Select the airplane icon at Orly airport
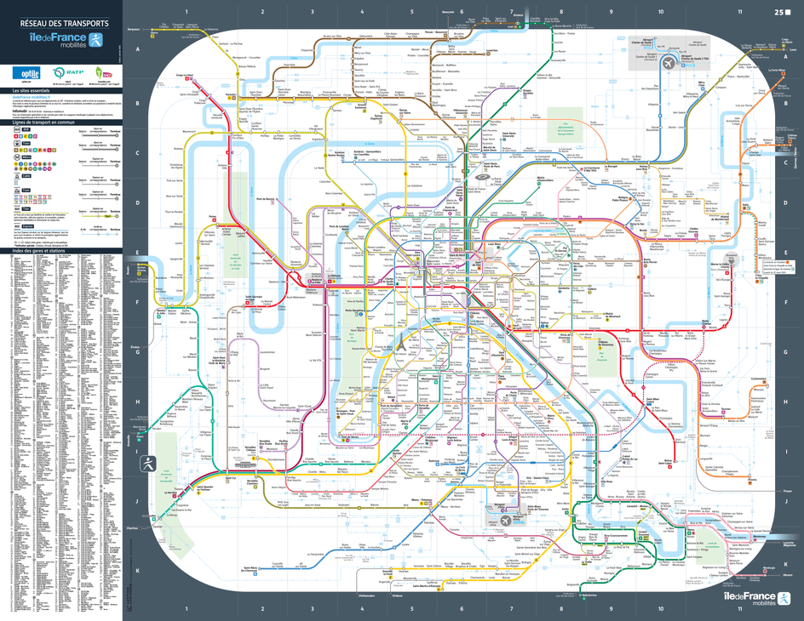505,520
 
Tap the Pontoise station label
230,95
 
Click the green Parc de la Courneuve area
569,119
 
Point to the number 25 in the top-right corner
778,12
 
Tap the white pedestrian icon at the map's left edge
148,462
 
